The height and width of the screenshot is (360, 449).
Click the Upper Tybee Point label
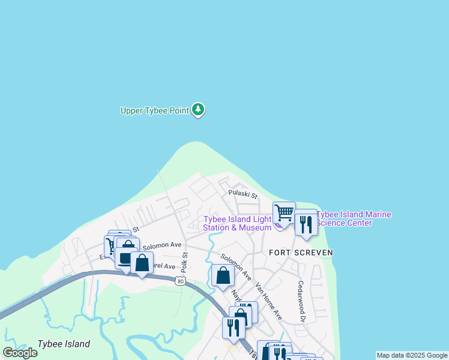(155, 110)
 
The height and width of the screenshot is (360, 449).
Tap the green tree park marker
(199, 110)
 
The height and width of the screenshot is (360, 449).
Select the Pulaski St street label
(243, 195)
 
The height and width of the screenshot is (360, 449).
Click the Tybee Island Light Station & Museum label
(238, 223)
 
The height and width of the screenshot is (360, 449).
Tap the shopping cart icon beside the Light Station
(284, 212)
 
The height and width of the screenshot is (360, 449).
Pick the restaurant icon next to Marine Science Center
(306, 224)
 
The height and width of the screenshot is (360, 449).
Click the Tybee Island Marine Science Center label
(354, 218)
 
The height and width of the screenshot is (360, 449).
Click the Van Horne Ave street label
(268, 301)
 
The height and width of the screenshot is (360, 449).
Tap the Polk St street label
(185, 263)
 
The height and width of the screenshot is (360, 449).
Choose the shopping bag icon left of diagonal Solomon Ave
(223, 276)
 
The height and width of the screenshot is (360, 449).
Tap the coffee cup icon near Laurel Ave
(125, 259)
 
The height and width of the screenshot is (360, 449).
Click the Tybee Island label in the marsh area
(64, 344)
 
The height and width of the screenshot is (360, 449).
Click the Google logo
(20, 352)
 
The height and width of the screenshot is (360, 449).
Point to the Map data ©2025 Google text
(412, 355)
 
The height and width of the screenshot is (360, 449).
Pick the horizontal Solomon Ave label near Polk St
(161, 245)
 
